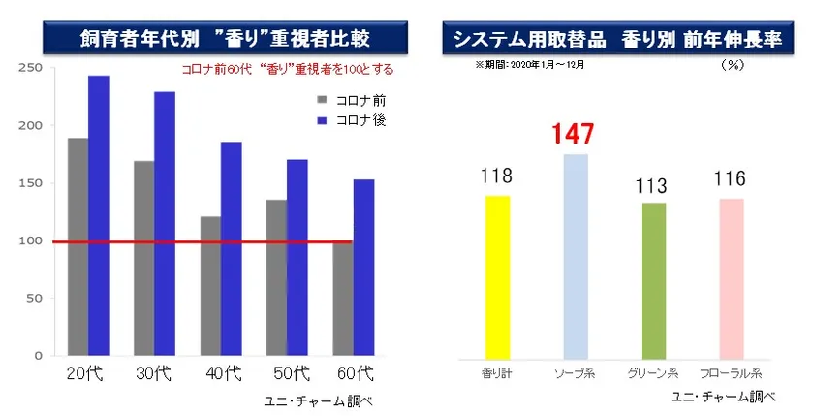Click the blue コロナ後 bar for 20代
[98, 215]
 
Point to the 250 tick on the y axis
[32, 68]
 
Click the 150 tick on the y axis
[32, 183]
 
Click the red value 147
[573, 135]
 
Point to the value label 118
[496, 176]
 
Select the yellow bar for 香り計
[497, 275]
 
